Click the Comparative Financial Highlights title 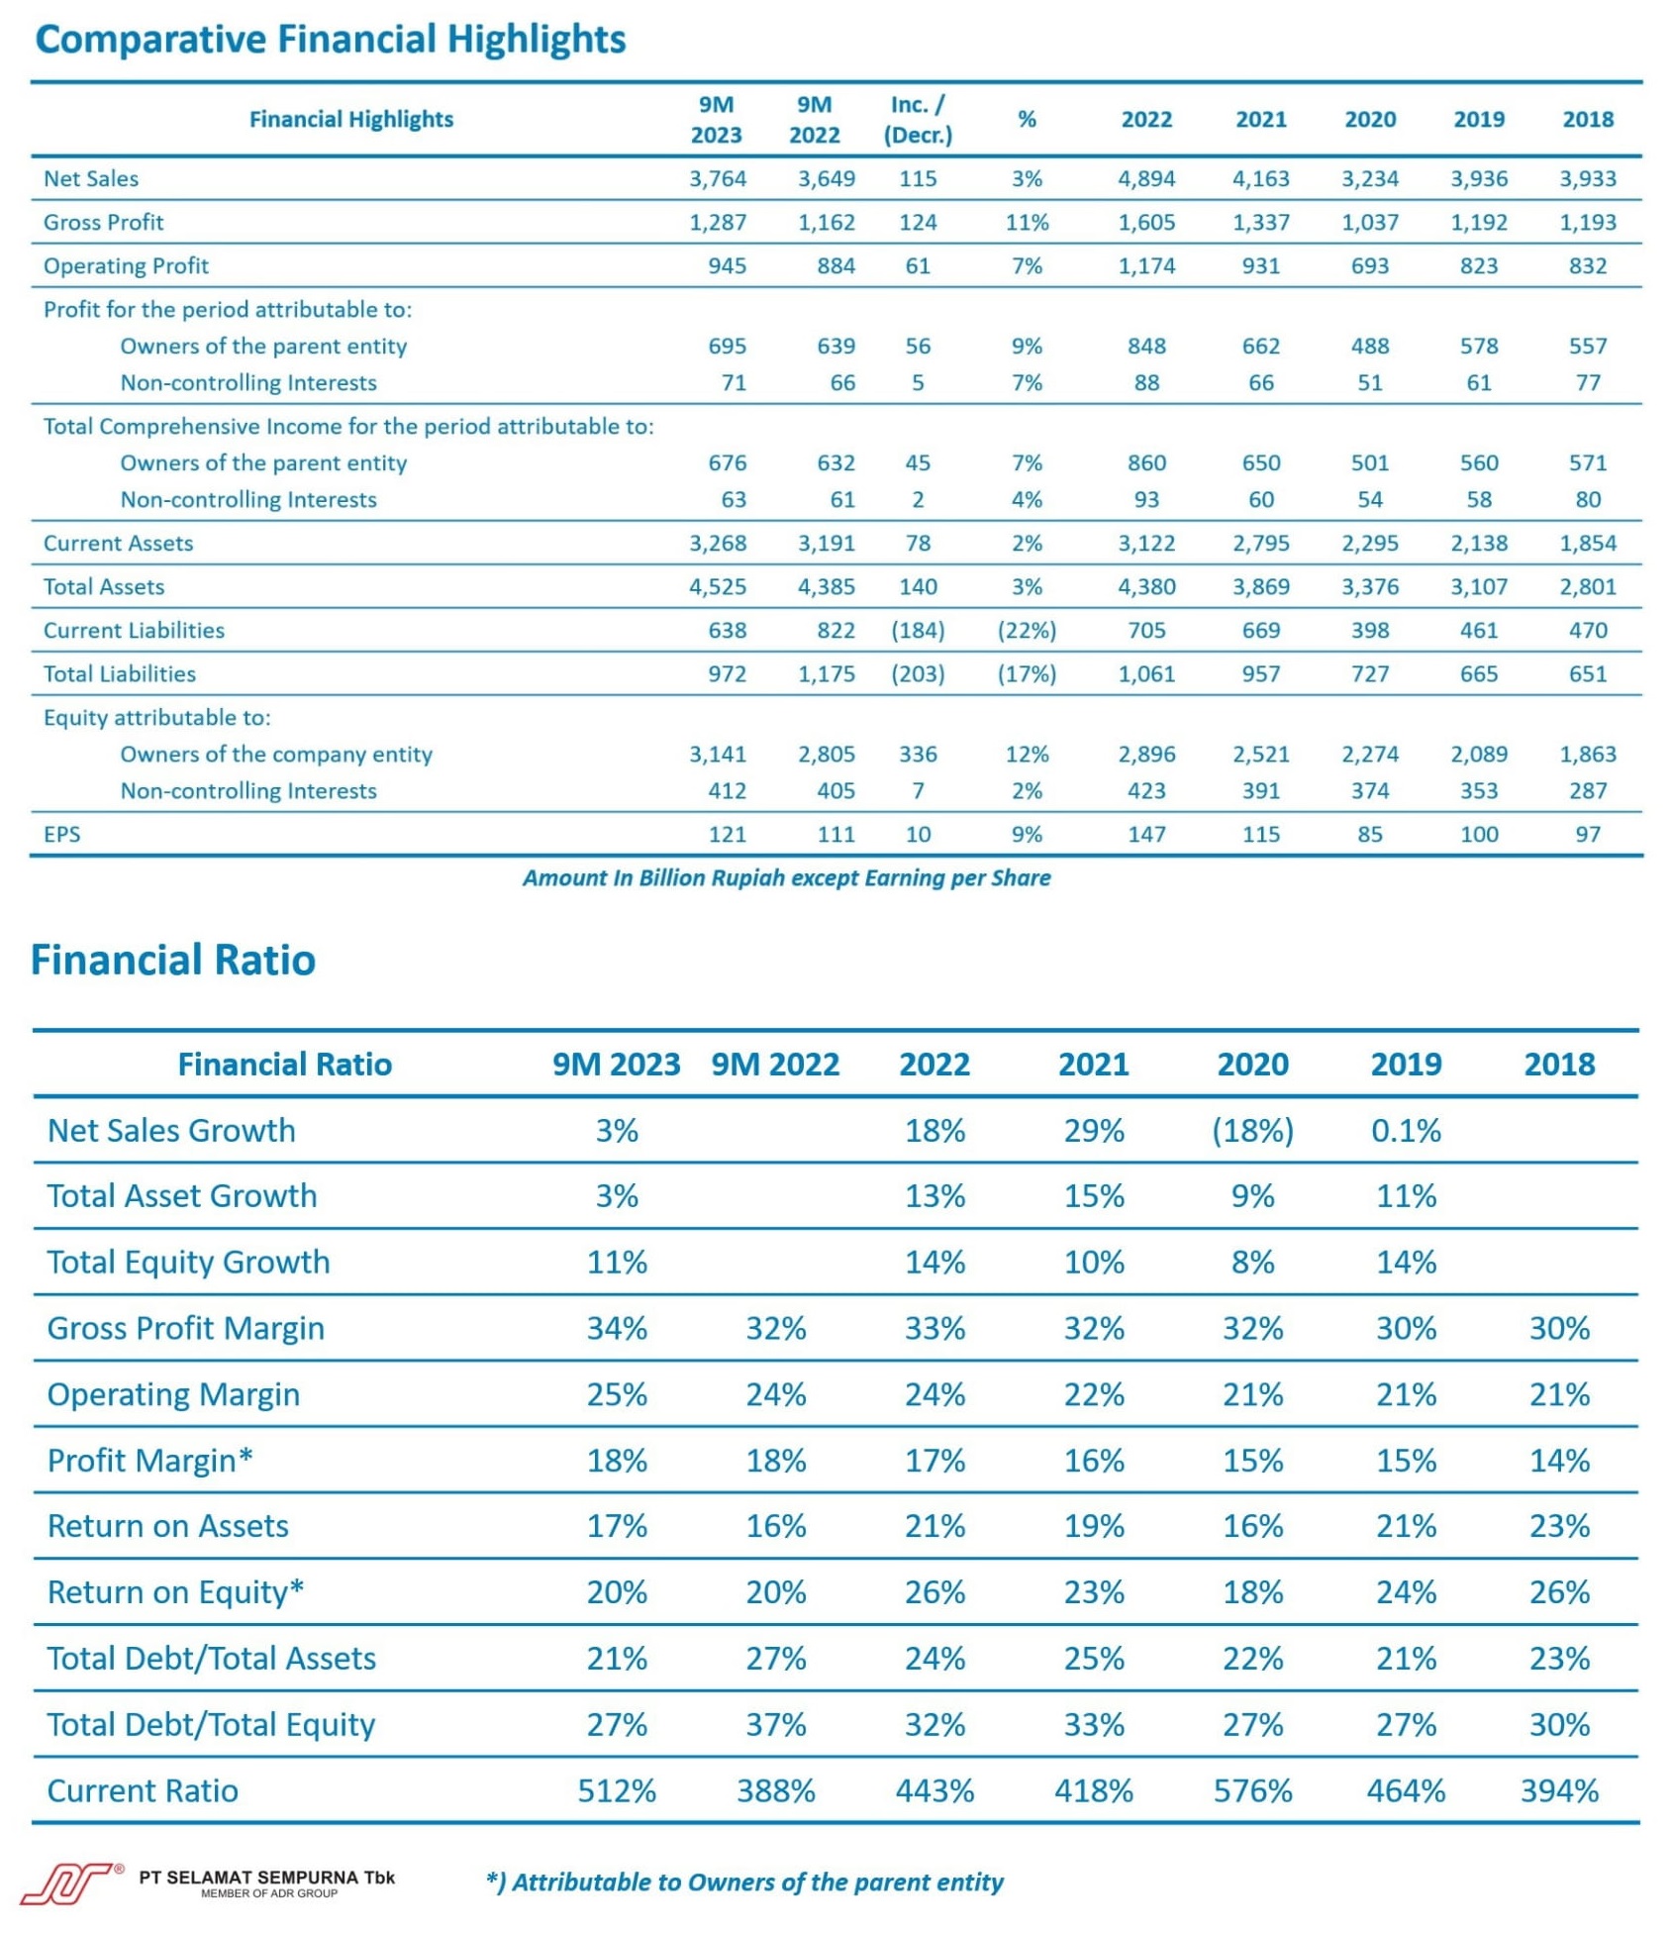(x=331, y=40)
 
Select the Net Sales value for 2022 (x=1146, y=179)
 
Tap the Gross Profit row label (x=103, y=223)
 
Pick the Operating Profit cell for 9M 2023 (x=727, y=266)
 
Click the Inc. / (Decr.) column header (x=918, y=120)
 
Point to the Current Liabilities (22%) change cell (x=1027, y=631)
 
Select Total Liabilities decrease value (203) (x=918, y=674)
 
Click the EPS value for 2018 (x=1588, y=835)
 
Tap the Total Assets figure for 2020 (x=1370, y=587)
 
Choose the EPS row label (x=61, y=835)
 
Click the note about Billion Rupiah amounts (x=787, y=878)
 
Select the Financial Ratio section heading (x=173, y=960)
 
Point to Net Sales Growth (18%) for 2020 (x=1252, y=1131)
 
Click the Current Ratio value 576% (x=1252, y=1791)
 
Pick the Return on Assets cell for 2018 (x=1559, y=1527)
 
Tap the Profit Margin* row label (x=150, y=1461)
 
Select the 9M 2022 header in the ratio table (x=775, y=1065)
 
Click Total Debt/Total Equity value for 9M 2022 (x=775, y=1725)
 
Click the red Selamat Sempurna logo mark (x=68, y=1883)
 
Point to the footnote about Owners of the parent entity (x=744, y=1883)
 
